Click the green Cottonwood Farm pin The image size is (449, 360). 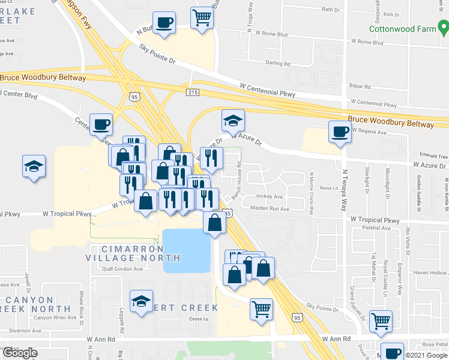pos(442,26)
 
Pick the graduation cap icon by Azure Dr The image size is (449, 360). pos(233,121)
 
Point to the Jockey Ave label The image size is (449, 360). pos(270,196)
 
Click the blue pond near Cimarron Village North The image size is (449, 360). pos(187,250)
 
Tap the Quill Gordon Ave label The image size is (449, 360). pos(122,269)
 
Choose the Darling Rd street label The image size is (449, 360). pos(277,63)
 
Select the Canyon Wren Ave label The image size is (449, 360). pos(55,317)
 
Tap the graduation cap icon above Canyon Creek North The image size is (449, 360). pos(142,301)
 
